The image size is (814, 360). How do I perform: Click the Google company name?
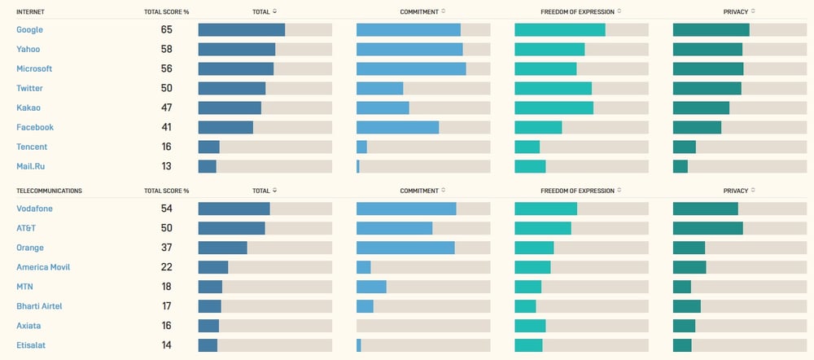tap(29, 29)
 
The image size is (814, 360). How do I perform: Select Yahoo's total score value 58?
tap(166, 50)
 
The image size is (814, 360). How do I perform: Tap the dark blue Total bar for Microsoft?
tap(236, 69)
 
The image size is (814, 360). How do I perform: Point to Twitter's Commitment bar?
tap(379, 88)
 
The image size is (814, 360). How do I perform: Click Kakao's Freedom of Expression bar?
tap(554, 108)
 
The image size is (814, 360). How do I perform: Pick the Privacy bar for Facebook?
tap(698, 127)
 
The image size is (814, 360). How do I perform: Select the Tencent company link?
tap(32, 147)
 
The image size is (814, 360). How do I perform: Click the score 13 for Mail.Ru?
tap(166, 166)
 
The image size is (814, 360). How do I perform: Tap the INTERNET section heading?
tap(30, 11)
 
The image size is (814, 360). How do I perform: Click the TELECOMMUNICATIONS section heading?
tap(50, 191)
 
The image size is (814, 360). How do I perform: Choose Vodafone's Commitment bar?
tap(406, 209)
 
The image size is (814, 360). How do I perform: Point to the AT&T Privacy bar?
tap(708, 228)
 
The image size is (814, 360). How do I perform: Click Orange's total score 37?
tap(166, 248)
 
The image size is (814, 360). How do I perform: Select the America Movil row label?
tap(43, 267)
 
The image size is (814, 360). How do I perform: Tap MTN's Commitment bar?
tap(371, 287)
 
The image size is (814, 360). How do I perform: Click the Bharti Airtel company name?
tap(39, 306)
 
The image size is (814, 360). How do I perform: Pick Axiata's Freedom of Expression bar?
tap(530, 326)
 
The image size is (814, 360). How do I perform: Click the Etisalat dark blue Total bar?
tap(208, 345)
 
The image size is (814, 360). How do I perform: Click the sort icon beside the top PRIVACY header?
tap(753, 11)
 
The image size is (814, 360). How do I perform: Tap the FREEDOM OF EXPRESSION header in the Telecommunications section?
tap(577, 191)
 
